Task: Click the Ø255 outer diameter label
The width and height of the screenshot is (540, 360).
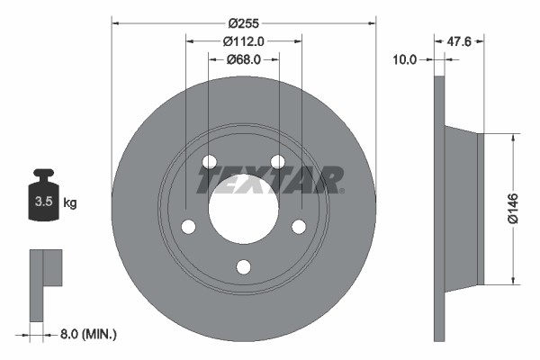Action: pos(243,22)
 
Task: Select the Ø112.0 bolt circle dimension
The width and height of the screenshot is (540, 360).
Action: pos(243,40)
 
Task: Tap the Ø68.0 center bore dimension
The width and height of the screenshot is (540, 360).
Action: pos(243,59)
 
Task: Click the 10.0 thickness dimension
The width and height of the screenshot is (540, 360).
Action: pos(407,59)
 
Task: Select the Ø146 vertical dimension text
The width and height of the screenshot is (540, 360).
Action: pos(512,206)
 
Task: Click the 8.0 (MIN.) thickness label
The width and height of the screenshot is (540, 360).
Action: pos(86,334)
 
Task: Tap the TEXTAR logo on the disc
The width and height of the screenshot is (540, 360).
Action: pos(271,180)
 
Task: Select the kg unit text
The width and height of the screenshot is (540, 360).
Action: pos(69,202)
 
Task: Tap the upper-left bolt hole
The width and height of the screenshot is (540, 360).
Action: pos(210,162)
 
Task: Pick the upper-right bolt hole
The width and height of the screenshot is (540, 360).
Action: pos(277,162)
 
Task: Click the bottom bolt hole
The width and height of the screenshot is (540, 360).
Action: pos(243,266)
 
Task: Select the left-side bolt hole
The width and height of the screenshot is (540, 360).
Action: pos(189,227)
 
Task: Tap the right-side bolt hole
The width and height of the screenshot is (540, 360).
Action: pos(298,227)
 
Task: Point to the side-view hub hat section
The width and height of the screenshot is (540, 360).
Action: pos(463,207)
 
